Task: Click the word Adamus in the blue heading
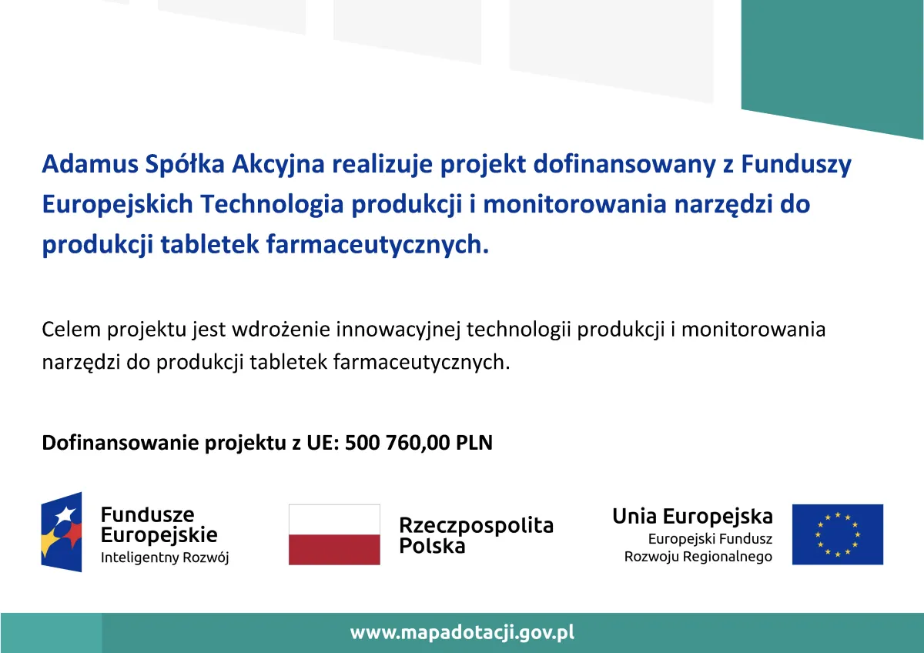[x=90, y=164]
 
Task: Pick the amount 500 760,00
[x=397, y=443]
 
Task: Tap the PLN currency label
[x=474, y=443]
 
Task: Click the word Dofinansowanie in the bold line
[x=120, y=443]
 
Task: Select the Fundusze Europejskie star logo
[x=62, y=532]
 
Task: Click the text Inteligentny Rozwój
[x=165, y=558]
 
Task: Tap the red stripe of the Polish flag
[x=334, y=550]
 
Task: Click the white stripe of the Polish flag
[x=334, y=519]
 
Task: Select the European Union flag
[x=838, y=534]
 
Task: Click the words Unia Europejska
[x=692, y=517]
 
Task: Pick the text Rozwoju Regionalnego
[x=698, y=558]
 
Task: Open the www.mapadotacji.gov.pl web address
[x=462, y=633]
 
